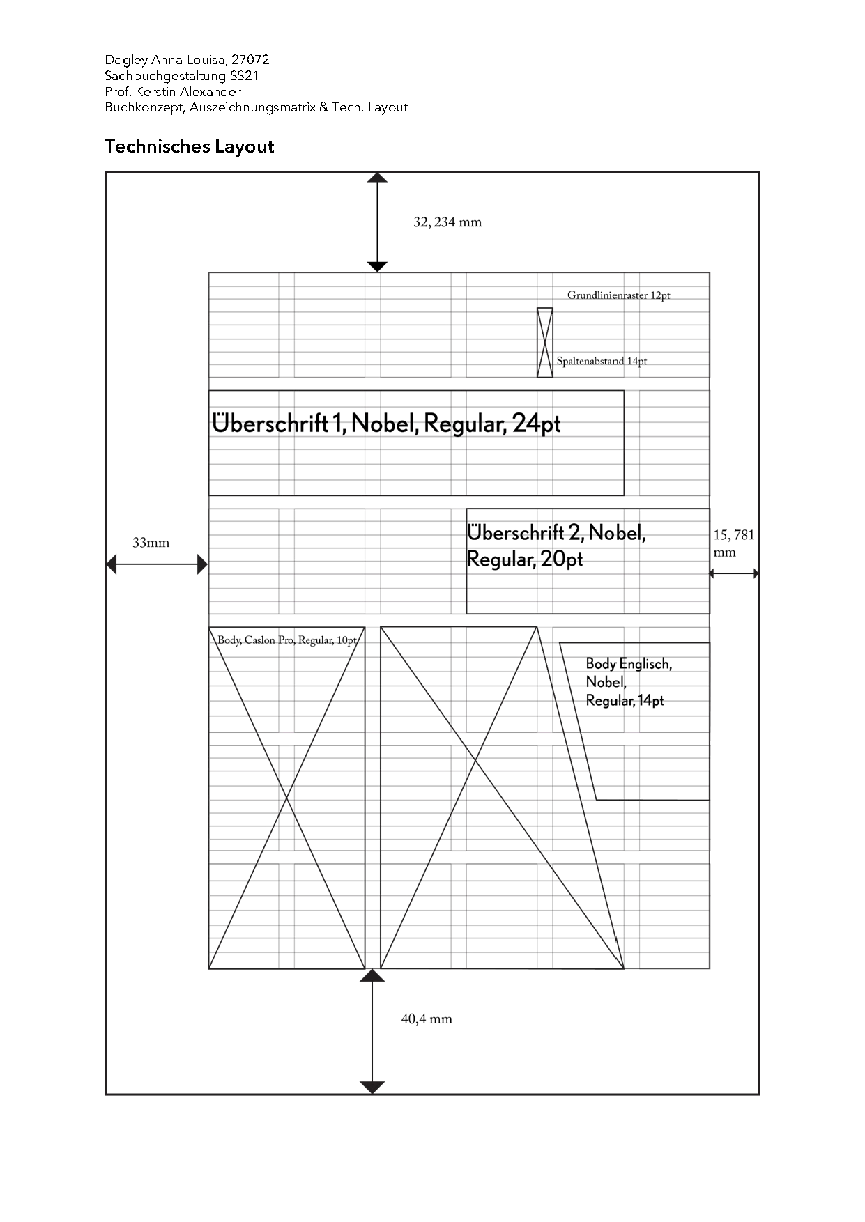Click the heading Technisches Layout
(x=189, y=146)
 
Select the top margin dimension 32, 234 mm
(x=447, y=222)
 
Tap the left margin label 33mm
(x=151, y=543)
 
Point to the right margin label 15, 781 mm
(x=733, y=543)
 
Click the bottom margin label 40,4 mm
(x=427, y=1019)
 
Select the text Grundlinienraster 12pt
(x=618, y=295)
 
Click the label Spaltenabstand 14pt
(x=602, y=361)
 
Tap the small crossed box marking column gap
(x=545, y=342)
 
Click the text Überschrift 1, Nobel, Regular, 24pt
(x=386, y=424)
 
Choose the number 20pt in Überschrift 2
(x=562, y=559)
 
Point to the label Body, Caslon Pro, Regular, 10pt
(x=287, y=640)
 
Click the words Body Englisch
(x=629, y=664)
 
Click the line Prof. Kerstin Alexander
(x=173, y=91)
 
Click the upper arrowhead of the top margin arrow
(x=377, y=178)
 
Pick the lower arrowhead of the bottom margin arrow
(x=372, y=1087)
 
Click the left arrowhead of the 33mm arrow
(x=112, y=564)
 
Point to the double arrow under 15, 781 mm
(x=734, y=573)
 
